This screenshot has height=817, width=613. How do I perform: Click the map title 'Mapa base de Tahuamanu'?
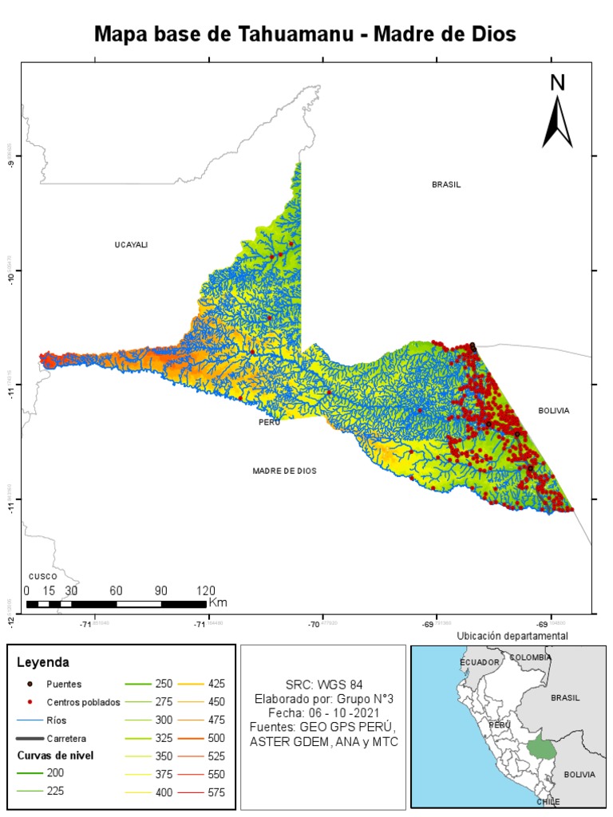[x=306, y=34]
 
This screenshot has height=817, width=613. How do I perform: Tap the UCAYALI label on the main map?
[x=132, y=245]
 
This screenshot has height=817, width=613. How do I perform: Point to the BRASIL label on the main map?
[x=446, y=184]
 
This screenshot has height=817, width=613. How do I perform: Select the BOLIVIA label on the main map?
[x=553, y=410]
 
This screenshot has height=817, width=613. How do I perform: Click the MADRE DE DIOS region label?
[x=284, y=471]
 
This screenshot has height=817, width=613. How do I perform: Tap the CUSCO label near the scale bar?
[x=42, y=576]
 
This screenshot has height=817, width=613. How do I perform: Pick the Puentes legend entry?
[x=64, y=684]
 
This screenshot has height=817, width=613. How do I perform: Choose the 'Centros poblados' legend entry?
[x=83, y=702]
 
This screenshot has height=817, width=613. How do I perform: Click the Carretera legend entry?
[x=68, y=738]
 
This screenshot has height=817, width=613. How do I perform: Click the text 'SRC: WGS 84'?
[x=323, y=685]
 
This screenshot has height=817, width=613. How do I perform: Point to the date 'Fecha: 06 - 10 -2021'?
[x=323, y=713]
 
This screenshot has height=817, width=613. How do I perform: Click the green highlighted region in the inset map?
[x=542, y=748]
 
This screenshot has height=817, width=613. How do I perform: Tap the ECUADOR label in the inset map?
[x=479, y=662]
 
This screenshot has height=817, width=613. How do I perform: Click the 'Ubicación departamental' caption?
[x=512, y=636]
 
